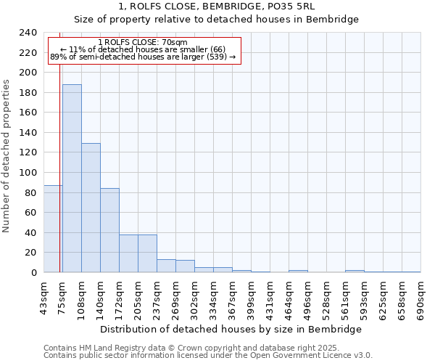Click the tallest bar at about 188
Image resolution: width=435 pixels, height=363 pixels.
click(72, 179)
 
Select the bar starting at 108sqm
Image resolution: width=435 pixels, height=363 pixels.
click(91, 208)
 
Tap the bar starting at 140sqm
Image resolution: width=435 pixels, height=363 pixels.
click(109, 230)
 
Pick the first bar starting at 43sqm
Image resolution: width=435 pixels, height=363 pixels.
click(52, 229)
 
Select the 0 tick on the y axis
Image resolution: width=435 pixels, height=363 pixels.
click(33, 273)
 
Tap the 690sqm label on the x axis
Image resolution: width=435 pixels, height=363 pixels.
click(420, 298)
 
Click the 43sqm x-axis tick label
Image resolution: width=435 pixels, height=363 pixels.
click(43, 297)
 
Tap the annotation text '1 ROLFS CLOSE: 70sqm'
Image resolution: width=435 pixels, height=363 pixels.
click(142, 42)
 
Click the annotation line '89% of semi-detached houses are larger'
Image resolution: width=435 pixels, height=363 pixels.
click(142, 57)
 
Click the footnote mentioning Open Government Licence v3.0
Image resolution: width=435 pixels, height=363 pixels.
click(207, 356)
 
